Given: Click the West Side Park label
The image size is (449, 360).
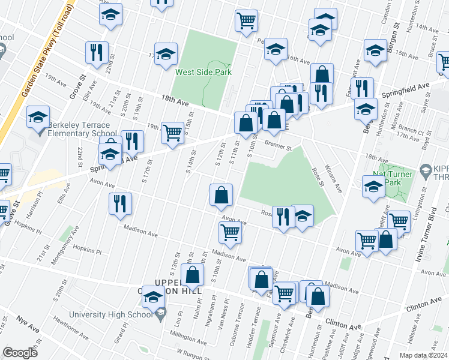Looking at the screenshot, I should (x=203, y=72).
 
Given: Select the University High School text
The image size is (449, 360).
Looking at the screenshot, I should (x=111, y=314).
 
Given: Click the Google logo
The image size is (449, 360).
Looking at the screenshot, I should (x=20, y=353).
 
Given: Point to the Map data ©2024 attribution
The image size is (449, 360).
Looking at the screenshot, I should (x=424, y=355).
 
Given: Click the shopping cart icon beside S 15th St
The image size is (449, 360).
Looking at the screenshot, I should (x=172, y=133).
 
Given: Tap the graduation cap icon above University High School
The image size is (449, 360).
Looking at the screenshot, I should (x=154, y=297).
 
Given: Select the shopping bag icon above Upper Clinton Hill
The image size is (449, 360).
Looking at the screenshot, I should (x=193, y=276).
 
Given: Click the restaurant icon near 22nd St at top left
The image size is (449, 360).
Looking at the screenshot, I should (x=97, y=52).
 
